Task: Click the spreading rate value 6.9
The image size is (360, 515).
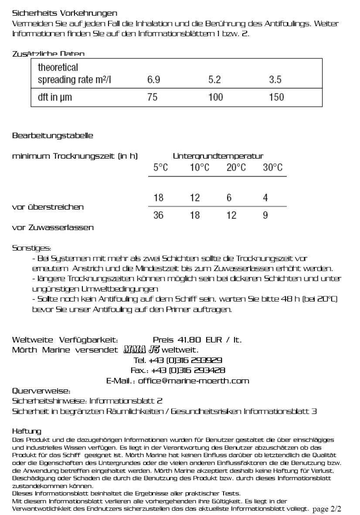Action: pyautogui.click(x=154, y=80)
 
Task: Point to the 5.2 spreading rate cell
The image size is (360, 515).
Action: pyautogui.click(x=214, y=80)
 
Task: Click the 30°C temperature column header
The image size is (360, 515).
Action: pyautogui.click(x=272, y=168)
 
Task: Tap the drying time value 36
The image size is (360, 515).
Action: pyautogui.click(x=158, y=215)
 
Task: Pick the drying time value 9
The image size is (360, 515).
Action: pyautogui.click(x=265, y=215)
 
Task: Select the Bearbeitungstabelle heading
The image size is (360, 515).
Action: pyautogui.click(x=52, y=136)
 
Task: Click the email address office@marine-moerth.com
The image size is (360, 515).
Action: pyautogui.click(x=194, y=381)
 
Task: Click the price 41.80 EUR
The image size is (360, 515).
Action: pyautogui.click(x=197, y=340)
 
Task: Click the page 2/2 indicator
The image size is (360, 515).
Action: pyautogui.click(x=327, y=509)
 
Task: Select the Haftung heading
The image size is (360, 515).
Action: pyautogui.click(x=27, y=431)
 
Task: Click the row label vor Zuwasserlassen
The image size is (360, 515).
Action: pyautogui.click(x=52, y=227)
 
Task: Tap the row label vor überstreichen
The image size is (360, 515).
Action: pyautogui.click(x=48, y=207)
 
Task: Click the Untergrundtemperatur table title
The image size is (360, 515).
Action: pyautogui.click(x=218, y=156)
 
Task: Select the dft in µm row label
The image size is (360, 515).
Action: pyautogui.click(x=54, y=97)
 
